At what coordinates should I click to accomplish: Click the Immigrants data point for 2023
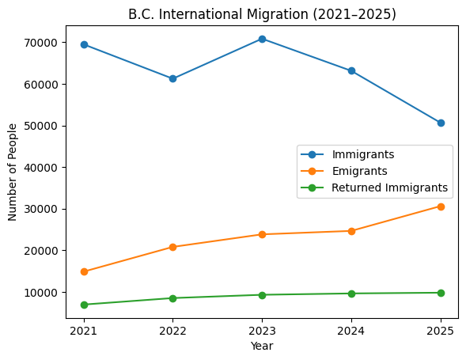(x=262, y=39)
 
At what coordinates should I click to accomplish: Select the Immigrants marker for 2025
(x=441, y=123)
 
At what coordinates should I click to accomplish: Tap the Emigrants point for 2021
(x=84, y=271)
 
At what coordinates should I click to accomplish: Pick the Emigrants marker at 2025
(x=441, y=207)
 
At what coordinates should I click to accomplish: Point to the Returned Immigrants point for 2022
(x=173, y=298)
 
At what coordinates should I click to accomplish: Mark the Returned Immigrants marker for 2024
(x=351, y=294)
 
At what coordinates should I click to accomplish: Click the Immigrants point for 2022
(x=173, y=78)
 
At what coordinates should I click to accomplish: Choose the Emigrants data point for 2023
(x=262, y=234)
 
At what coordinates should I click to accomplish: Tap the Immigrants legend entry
(x=363, y=153)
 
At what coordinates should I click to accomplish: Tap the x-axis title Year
(x=262, y=346)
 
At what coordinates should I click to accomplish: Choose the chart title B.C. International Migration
(x=262, y=13)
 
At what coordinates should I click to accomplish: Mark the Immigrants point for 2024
(x=351, y=71)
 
